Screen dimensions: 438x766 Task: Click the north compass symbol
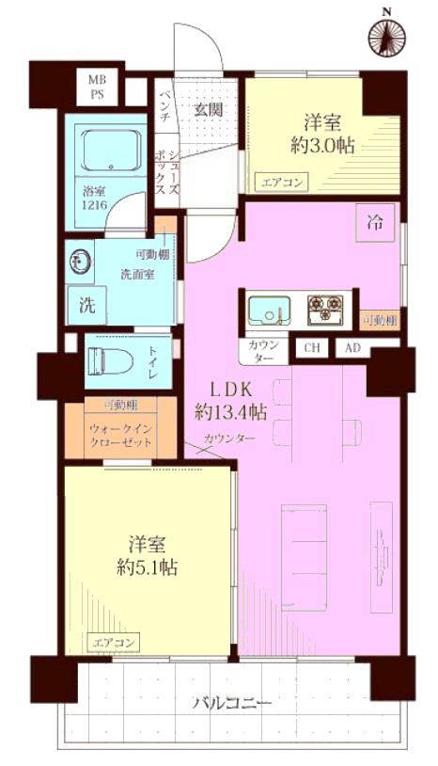pyautogui.click(x=388, y=39)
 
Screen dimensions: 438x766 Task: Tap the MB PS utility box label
pyautogui.click(x=97, y=87)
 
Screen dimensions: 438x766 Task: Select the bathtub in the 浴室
pyautogui.click(x=112, y=150)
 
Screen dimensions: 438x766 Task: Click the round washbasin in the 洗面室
pyautogui.click(x=81, y=262)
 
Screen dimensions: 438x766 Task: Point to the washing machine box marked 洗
pyautogui.click(x=86, y=306)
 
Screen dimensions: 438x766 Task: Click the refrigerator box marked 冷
pyautogui.click(x=375, y=223)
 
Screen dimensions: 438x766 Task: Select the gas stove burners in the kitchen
pyautogui.click(x=326, y=310)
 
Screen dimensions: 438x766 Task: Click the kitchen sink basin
pyautogui.click(x=269, y=311)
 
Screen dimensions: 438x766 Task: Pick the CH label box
pyautogui.click(x=312, y=348)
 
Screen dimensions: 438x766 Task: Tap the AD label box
pyautogui.click(x=352, y=348)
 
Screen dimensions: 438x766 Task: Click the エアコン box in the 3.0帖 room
pyautogui.click(x=282, y=184)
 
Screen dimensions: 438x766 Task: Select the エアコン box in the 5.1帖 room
pyautogui.click(x=113, y=642)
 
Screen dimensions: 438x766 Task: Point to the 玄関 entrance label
pyautogui.click(x=210, y=110)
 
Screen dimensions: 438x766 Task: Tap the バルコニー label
pyautogui.click(x=231, y=704)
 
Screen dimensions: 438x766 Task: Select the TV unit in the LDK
pyautogui.click(x=382, y=556)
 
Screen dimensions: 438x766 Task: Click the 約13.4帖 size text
pyautogui.click(x=230, y=413)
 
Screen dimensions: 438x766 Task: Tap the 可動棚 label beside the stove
pyautogui.click(x=380, y=321)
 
